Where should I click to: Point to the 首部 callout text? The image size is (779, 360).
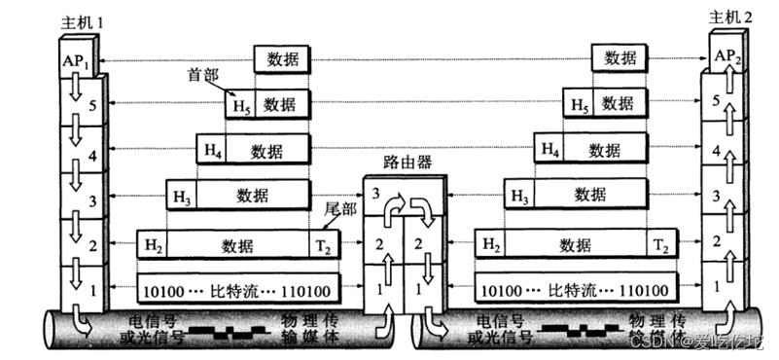201,75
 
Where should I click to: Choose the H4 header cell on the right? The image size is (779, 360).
550,150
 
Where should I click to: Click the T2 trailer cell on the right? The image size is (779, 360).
661,243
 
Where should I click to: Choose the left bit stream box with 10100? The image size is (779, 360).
237,290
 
